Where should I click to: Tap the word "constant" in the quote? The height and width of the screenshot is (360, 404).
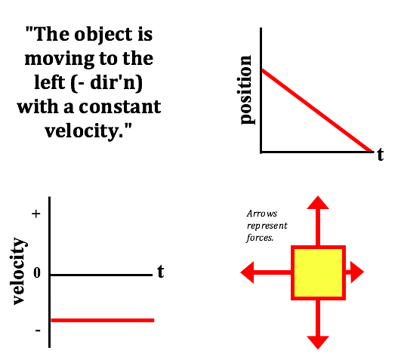click(x=120, y=106)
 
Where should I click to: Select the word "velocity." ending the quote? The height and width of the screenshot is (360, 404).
click(x=88, y=131)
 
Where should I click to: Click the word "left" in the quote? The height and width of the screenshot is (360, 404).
click(x=50, y=82)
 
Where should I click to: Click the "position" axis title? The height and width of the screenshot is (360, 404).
click(x=246, y=90)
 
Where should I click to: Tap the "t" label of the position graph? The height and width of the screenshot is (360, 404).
click(x=380, y=155)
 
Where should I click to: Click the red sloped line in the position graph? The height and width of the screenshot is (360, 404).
click(x=317, y=110)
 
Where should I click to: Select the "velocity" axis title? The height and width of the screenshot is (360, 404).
click(x=19, y=271)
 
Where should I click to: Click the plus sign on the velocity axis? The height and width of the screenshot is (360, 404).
click(x=36, y=214)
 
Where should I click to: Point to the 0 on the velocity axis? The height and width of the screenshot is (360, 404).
click(x=37, y=272)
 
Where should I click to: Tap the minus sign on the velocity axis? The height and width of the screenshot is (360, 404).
click(x=38, y=331)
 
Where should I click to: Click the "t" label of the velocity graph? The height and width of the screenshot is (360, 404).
click(x=161, y=272)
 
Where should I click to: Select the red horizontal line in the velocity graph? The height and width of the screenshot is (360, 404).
click(x=103, y=320)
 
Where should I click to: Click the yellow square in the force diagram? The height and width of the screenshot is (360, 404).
click(x=318, y=273)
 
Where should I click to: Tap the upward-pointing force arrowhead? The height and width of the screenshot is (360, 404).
click(x=318, y=203)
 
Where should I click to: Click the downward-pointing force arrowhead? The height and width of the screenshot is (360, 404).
click(x=318, y=343)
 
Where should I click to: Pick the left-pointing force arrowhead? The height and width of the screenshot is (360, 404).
click(x=248, y=272)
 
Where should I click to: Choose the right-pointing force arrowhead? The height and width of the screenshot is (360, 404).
click(x=357, y=272)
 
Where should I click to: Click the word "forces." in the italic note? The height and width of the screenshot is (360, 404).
click(x=260, y=238)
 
